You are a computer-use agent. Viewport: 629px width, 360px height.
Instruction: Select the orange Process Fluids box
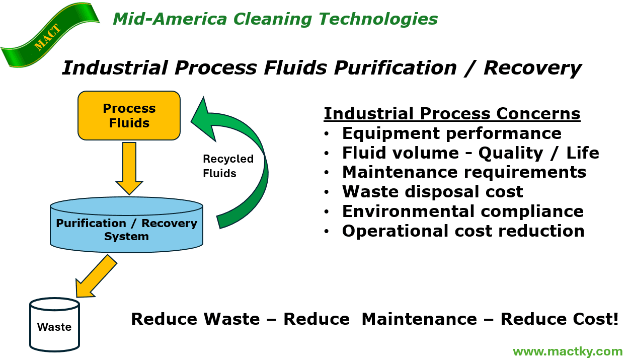point(129,115)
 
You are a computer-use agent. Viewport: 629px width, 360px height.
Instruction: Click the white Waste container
point(54,325)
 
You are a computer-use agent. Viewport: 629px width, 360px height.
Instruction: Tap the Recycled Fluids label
point(227,166)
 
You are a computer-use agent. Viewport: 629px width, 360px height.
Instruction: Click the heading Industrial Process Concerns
point(452,114)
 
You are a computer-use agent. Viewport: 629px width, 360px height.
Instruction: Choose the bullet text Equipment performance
point(451,133)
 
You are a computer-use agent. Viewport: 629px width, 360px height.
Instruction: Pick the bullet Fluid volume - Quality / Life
point(470,153)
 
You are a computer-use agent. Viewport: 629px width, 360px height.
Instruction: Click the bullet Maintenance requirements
point(464,172)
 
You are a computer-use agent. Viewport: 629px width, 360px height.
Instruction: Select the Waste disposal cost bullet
point(432,192)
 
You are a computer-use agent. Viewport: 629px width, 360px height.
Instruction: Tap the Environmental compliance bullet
point(462,211)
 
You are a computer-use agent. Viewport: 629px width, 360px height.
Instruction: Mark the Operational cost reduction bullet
point(463,231)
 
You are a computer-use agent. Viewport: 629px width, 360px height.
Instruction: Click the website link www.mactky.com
point(568,351)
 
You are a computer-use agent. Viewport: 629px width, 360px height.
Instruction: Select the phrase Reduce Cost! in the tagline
point(559,319)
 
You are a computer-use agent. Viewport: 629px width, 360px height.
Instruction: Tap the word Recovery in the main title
point(532,68)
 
